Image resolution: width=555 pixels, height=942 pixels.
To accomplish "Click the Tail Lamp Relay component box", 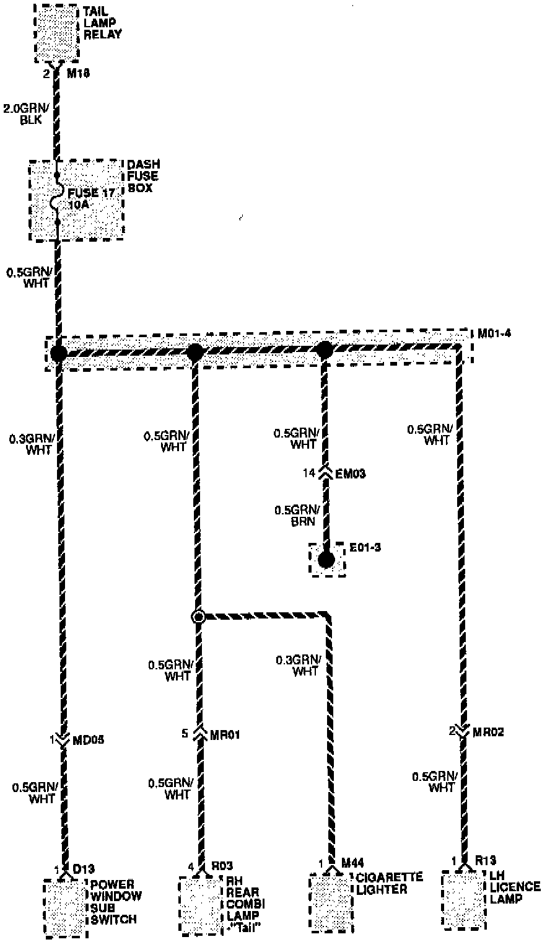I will click(57, 32).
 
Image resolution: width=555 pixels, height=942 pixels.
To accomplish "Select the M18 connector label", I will click(79, 74).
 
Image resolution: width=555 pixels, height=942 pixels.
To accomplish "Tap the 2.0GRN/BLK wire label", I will click(24, 115).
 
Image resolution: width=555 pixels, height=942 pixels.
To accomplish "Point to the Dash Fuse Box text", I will click(143, 175).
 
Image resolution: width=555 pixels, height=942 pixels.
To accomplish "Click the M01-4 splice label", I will click(494, 335).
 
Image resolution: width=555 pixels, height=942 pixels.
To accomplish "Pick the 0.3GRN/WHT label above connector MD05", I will click(32, 444).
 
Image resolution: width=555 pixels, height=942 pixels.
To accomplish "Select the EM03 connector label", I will click(350, 474).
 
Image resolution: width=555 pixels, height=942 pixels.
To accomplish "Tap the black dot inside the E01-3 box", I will click(326, 560).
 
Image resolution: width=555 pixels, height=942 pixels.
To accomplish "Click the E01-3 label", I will click(365, 548).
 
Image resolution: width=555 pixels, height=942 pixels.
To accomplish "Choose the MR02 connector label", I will click(489, 732).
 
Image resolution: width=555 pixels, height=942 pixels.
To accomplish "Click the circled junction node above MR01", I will click(198, 617).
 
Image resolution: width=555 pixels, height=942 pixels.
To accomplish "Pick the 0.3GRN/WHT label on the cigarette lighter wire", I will click(297, 665).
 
